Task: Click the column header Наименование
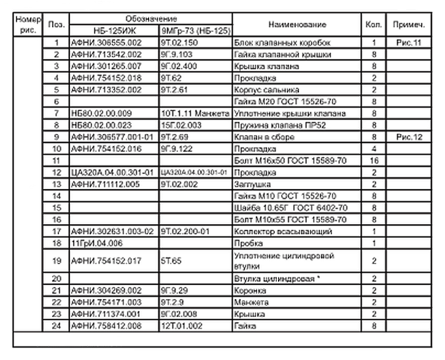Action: (x=297, y=25)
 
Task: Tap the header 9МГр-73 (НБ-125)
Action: (x=195, y=30)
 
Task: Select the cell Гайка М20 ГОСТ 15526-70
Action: (x=285, y=101)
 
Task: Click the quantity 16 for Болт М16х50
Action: (x=373, y=160)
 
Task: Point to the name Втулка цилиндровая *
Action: (x=278, y=278)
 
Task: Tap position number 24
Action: (x=56, y=324)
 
